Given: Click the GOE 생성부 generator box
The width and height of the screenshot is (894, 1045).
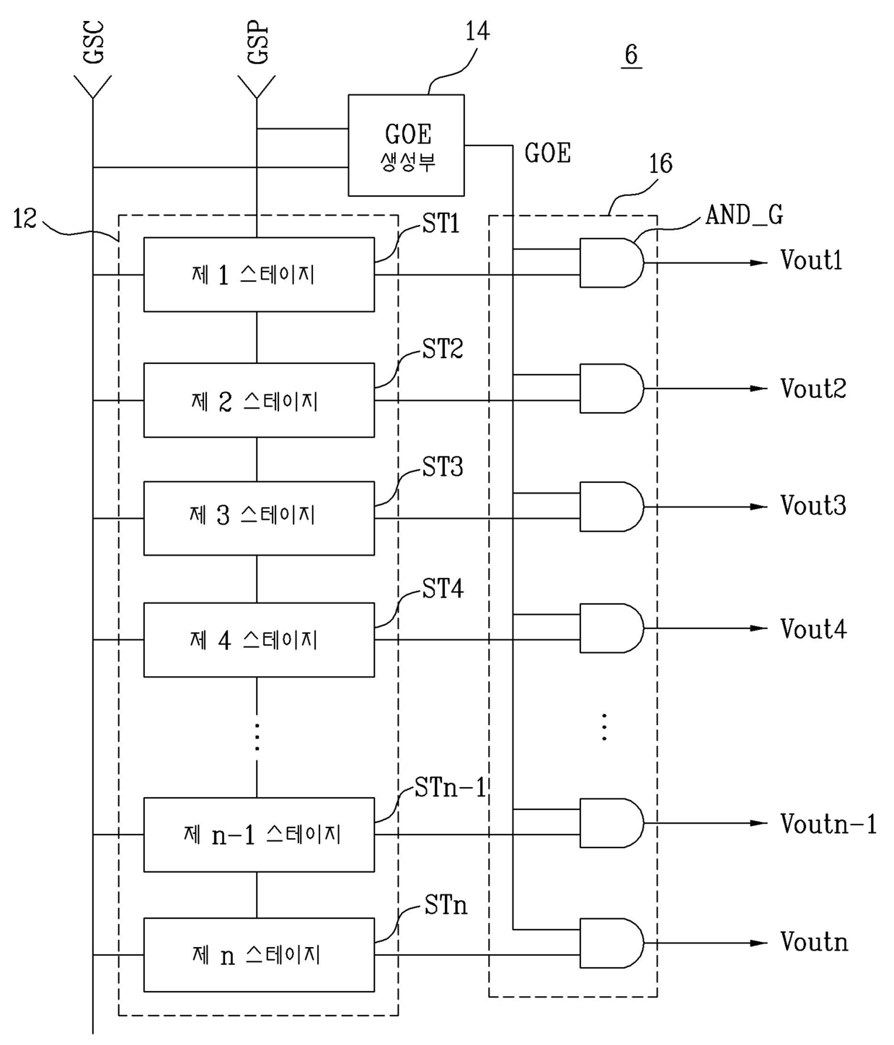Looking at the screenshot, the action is (x=406, y=145).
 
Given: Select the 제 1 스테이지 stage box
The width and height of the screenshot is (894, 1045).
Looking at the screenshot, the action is (x=259, y=275).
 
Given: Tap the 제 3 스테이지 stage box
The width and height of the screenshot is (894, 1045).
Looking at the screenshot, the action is (x=259, y=518).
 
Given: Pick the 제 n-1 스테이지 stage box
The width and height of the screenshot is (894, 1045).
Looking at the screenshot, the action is (x=259, y=835).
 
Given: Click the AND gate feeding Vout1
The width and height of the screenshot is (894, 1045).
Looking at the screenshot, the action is (x=611, y=263).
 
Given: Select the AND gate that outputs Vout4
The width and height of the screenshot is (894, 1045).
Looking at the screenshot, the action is (x=611, y=628).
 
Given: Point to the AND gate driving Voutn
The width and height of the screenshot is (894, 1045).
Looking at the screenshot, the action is (x=611, y=943).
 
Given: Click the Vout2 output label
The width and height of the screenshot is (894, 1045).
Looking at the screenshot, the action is (x=813, y=388).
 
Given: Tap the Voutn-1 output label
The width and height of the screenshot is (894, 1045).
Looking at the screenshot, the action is (x=828, y=824).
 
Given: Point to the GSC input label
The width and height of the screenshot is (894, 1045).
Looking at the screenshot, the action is (x=94, y=42).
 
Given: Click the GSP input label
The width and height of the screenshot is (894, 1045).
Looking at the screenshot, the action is (x=257, y=42).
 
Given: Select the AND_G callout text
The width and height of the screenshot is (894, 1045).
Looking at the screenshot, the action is (x=744, y=215).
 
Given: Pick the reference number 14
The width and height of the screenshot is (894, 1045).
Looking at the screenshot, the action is (x=477, y=31).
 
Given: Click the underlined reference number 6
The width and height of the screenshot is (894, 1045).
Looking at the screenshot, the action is (x=632, y=55).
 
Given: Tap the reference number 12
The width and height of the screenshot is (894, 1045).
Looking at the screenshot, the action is (x=25, y=218).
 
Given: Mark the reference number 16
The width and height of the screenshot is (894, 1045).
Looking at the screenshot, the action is (x=660, y=164).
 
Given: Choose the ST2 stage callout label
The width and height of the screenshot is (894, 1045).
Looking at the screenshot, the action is (x=443, y=349).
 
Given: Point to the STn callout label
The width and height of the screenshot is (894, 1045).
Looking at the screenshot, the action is (x=446, y=904).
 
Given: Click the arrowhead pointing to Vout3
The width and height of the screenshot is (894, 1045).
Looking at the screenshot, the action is (x=758, y=507).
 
